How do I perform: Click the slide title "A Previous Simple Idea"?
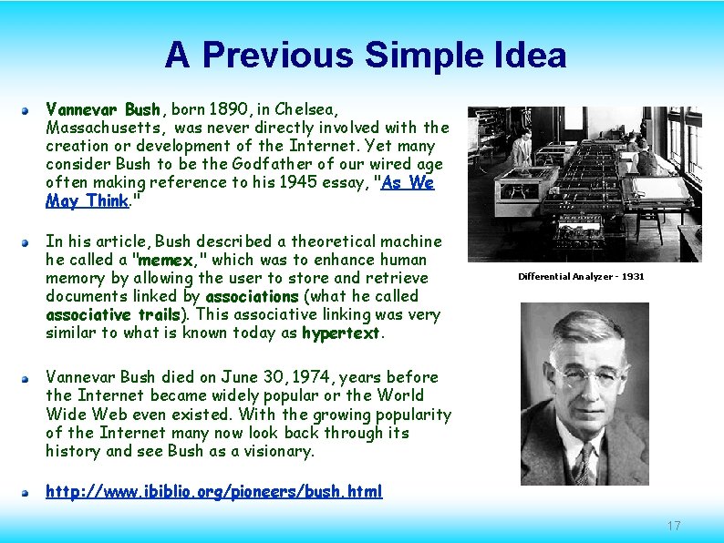(365, 56)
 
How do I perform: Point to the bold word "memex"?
(165, 260)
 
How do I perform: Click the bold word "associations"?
(253, 296)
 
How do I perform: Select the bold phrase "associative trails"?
(114, 314)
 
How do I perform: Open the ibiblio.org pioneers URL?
(214, 492)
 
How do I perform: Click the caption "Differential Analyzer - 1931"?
(581, 276)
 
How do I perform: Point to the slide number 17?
(674, 526)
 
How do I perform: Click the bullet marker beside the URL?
(27, 492)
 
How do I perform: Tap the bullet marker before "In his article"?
(27, 241)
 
